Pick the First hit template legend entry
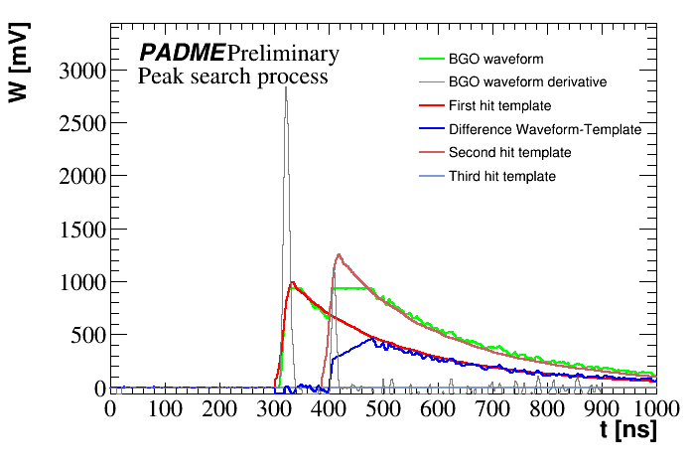tap(499, 105)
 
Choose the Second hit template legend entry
tap(509, 153)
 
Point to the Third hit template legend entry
tap(501, 177)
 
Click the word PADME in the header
tap(181, 54)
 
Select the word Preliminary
tap(283, 54)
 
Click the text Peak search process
tap(233, 77)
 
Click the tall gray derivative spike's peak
tap(286, 87)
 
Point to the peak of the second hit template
tap(339, 254)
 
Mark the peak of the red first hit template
tap(292, 282)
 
